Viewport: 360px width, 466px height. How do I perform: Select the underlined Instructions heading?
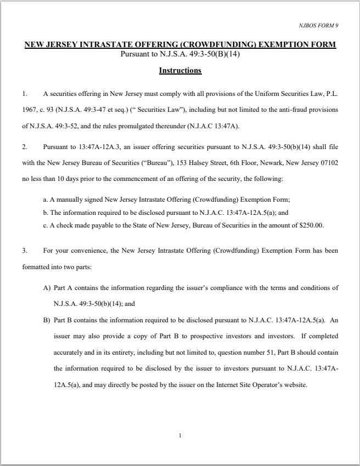click(180, 70)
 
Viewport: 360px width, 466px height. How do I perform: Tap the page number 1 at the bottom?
click(179, 436)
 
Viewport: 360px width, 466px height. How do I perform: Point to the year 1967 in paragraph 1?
click(29, 110)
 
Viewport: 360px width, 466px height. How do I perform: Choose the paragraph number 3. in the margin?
click(25, 251)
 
